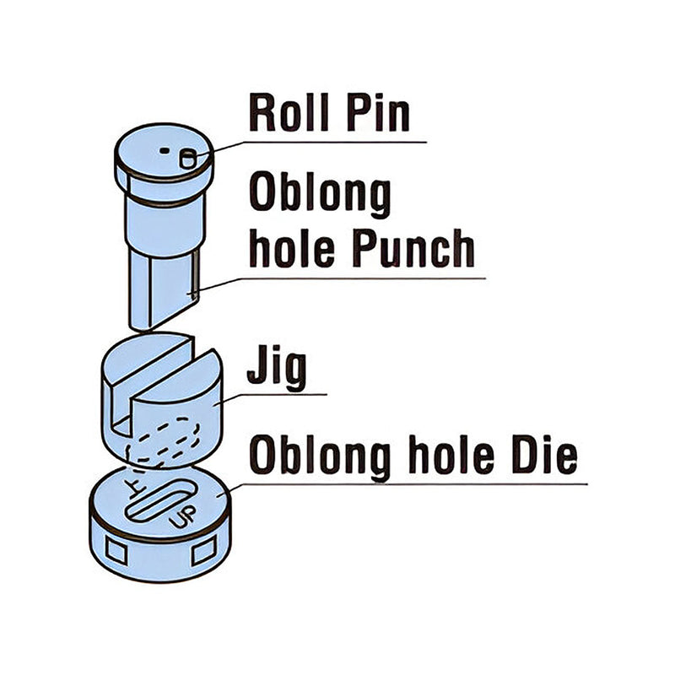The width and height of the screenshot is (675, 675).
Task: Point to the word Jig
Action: tap(276, 369)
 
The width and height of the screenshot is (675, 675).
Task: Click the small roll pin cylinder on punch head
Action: tap(188, 157)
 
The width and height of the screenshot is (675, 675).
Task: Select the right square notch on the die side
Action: tap(203, 553)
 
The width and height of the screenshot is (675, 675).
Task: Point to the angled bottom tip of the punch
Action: tap(160, 316)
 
